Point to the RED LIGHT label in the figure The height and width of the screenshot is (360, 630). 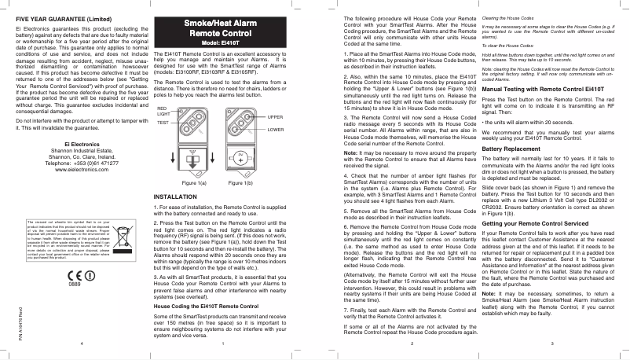163,112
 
